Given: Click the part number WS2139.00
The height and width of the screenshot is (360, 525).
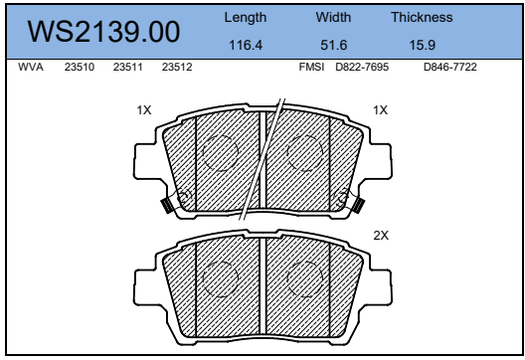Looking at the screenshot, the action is click(103, 32).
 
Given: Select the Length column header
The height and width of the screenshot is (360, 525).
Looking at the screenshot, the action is click(246, 18).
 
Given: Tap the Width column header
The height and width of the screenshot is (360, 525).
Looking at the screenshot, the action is click(333, 17).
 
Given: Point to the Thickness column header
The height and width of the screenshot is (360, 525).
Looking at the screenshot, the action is click(422, 17).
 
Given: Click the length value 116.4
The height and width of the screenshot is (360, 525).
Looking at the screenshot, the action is click(246, 45).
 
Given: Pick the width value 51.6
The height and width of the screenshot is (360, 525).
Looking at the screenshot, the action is click(333, 45).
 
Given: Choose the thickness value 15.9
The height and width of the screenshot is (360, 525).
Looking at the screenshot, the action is click(423, 45).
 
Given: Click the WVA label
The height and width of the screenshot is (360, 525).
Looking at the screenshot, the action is click(31, 67).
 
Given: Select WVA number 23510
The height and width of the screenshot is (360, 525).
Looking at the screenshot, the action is click(80, 67).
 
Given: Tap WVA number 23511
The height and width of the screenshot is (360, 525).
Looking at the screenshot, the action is click(128, 67).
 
